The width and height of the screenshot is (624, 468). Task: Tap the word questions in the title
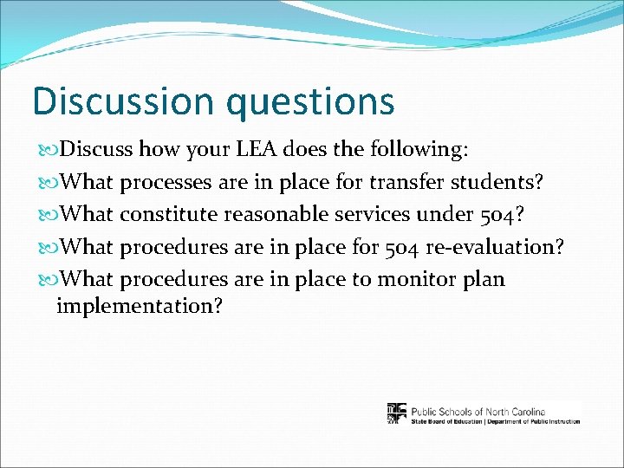pos(309,102)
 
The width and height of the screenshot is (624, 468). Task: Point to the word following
pos(416,150)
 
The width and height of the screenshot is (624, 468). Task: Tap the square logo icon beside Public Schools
pos(396,413)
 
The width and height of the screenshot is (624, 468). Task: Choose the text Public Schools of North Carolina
pos(478,411)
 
